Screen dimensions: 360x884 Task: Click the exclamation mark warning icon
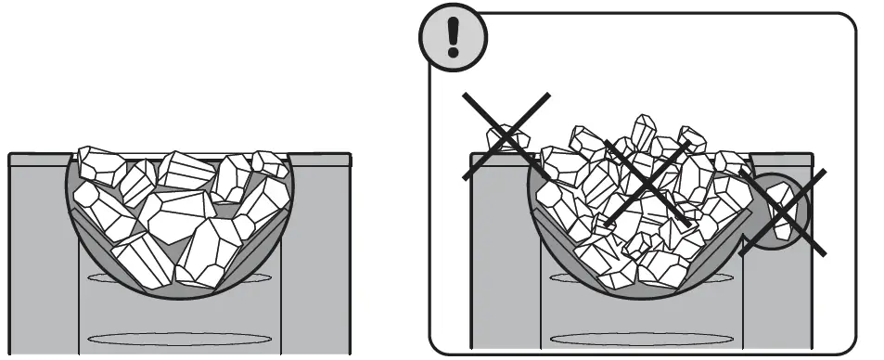(453, 36)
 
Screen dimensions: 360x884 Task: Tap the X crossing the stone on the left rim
(506, 136)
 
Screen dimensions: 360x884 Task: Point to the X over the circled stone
(785, 210)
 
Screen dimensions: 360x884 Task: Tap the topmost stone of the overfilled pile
(643, 131)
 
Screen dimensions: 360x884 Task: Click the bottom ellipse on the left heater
(180, 338)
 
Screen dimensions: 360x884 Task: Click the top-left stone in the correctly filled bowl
(97, 164)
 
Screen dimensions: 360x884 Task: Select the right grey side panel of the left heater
(315, 260)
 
